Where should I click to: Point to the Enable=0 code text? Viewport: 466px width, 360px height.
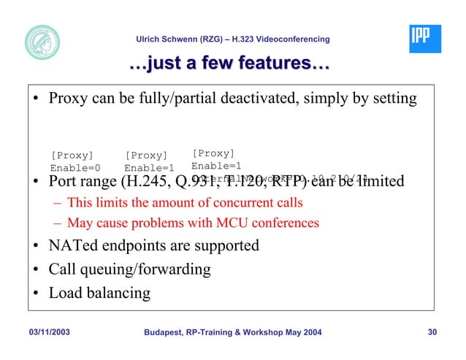75,167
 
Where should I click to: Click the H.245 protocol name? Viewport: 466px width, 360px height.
153,180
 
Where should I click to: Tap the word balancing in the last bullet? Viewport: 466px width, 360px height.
117,293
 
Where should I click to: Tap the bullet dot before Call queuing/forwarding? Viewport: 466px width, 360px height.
35,270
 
